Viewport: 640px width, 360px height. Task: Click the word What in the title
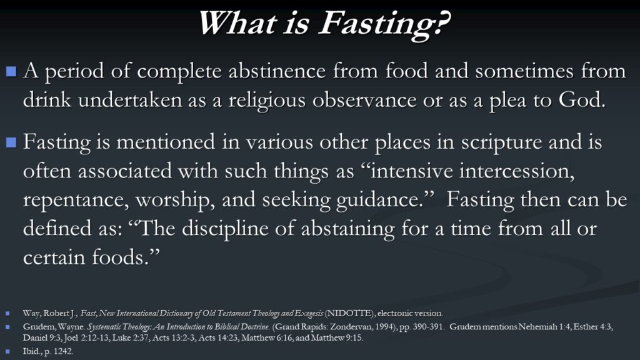point(237,23)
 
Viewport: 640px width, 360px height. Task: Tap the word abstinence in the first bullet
point(277,71)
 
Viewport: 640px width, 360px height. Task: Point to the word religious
point(267,101)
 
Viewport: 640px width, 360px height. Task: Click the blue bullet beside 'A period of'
point(11,72)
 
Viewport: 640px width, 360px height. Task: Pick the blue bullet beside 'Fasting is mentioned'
point(11,142)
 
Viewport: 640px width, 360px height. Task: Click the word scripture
point(502,143)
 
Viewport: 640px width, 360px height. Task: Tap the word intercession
point(517,171)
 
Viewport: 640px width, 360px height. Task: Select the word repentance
point(76,200)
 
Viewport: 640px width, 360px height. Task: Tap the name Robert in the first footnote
point(57,314)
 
